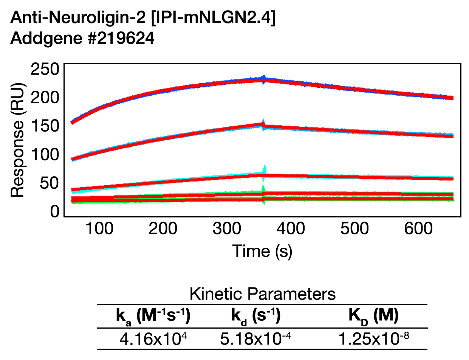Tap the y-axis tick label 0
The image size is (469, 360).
(55, 212)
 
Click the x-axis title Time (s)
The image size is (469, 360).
(262, 251)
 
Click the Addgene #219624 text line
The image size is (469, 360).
(82, 39)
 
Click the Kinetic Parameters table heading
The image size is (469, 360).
(262, 294)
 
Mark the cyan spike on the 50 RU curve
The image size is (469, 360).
(265, 169)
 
